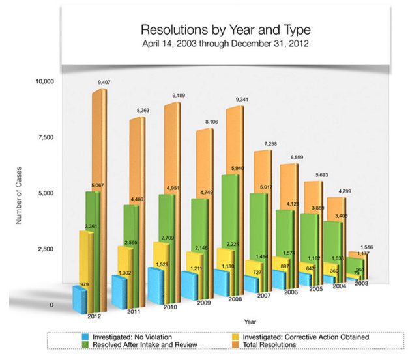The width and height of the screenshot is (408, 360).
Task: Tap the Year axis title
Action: [x=250, y=322]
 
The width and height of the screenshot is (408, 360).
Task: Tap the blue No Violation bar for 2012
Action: [x=79, y=299]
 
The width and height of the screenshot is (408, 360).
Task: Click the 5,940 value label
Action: [x=240, y=169]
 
